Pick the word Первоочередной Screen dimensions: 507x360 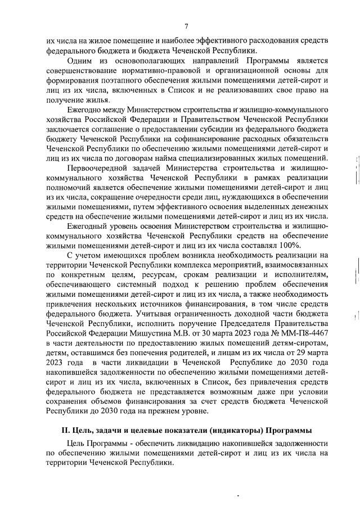98,168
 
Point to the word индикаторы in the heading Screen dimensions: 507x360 242,431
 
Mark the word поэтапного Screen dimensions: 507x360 109,81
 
